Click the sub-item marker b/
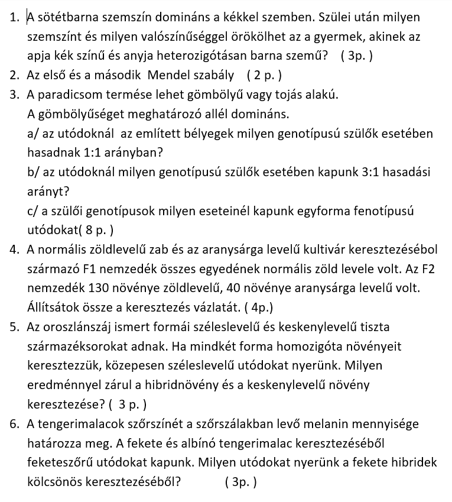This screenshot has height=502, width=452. click(x=34, y=172)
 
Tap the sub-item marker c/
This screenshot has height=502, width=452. click(x=34, y=210)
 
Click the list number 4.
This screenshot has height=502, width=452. click(x=14, y=249)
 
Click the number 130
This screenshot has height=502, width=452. click(x=98, y=288)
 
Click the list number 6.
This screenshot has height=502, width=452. click(x=14, y=424)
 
